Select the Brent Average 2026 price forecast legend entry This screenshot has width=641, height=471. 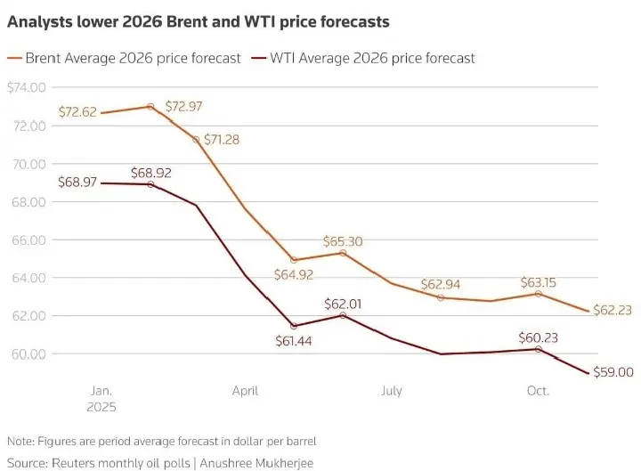pyautogui.click(x=134, y=58)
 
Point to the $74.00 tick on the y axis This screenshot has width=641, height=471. pyautogui.click(x=27, y=87)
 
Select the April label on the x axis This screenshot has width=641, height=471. pyautogui.click(x=245, y=391)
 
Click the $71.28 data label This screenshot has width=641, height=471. pyautogui.click(x=221, y=140)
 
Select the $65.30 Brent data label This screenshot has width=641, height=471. pyautogui.click(x=343, y=241)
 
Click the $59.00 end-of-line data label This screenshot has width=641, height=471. pyautogui.click(x=615, y=373)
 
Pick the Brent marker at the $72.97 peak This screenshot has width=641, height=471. pyautogui.click(x=150, y=106)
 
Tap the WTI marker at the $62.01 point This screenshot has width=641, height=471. pyautogui.click(x=343, y=315)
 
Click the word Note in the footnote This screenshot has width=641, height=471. pyautogui.click(x=19, y=442)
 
